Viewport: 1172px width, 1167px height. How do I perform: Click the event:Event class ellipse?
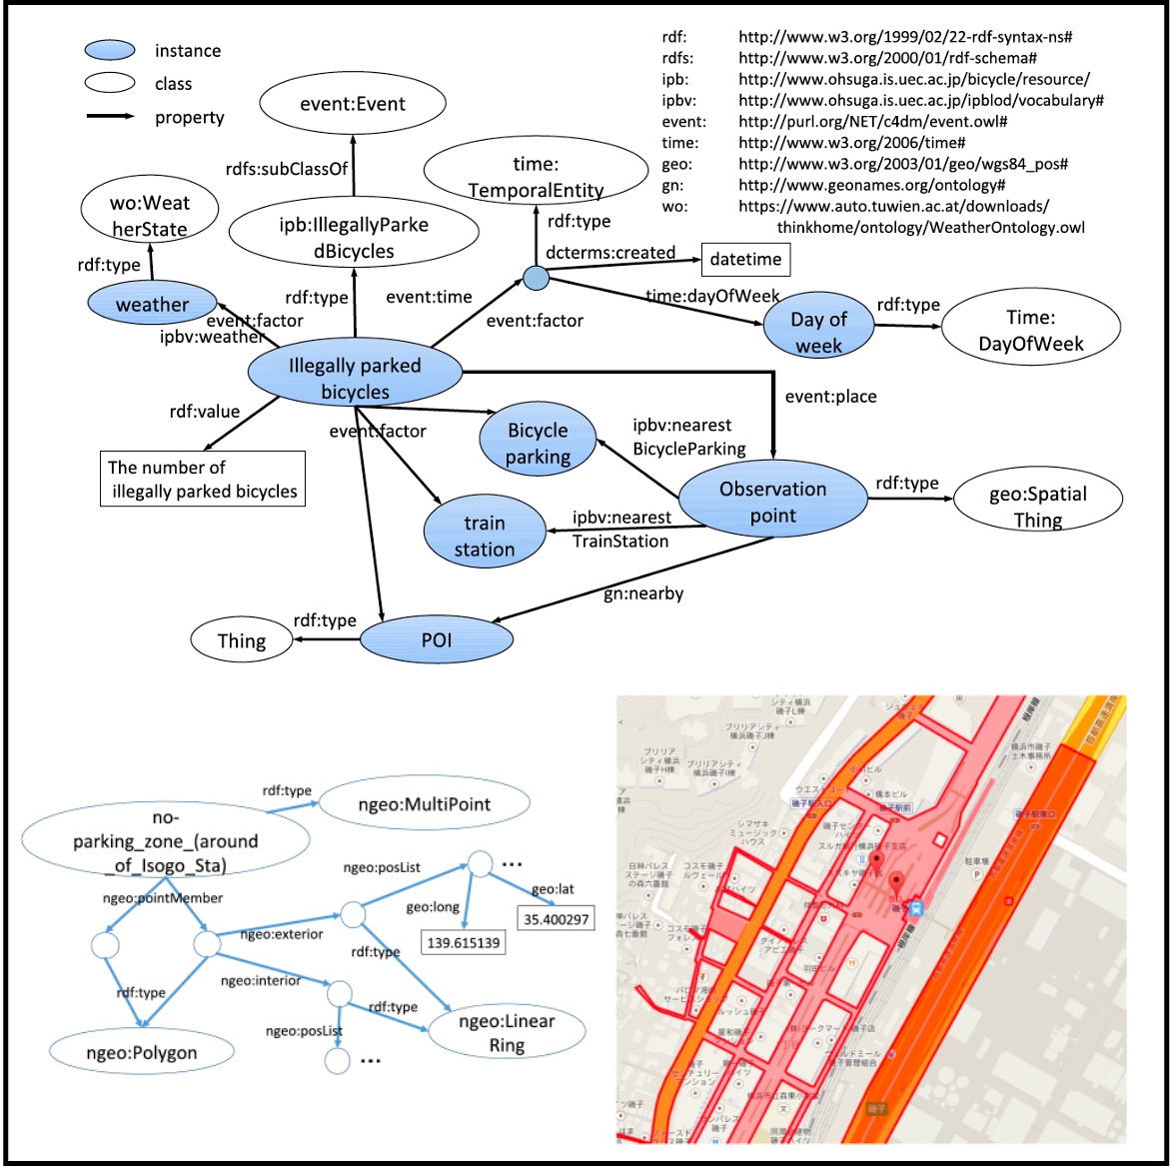point(353,104)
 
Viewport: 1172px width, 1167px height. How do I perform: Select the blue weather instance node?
point(152,304)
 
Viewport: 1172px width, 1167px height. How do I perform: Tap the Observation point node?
point(772,503)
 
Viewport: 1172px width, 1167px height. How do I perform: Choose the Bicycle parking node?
point(538,444)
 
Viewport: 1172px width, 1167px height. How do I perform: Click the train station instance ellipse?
point(484,536)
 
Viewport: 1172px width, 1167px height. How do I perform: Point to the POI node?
point(436,639)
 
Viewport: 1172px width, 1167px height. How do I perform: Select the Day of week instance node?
point(818,332)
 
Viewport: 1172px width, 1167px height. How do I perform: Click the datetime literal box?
point(744,260)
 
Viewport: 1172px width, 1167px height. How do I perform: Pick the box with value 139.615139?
point(464,942)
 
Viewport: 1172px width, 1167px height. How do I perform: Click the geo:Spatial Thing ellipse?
point(1037,506)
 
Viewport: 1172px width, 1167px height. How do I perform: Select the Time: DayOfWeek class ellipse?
point(1031,331)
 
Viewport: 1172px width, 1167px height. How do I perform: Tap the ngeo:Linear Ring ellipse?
point(507,1033)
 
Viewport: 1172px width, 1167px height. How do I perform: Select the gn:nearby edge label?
point(643,593)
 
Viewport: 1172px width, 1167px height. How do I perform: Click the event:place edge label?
point(830,397)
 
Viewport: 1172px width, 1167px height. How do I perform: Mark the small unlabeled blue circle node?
point(537,278)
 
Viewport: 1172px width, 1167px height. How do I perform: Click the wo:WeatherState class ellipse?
point(150,216)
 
